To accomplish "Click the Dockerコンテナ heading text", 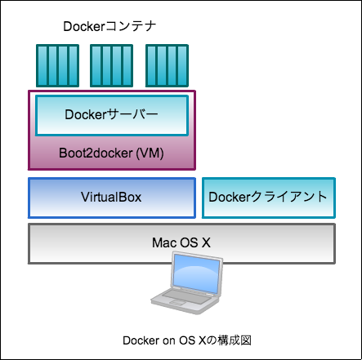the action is tap(109, 26).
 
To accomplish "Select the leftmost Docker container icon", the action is tap(57, 65).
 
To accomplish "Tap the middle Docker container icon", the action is tap(111, 65).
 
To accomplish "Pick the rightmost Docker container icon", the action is tap(167, 65).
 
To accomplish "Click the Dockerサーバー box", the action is tap(112, 115).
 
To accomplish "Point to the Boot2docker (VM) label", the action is tap(111, 153).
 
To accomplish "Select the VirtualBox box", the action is tap(112, 198).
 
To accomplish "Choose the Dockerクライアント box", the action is tap(269, 198).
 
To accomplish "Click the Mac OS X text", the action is tap(181, 242).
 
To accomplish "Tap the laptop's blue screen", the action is tap(196, 273).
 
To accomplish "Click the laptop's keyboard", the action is tap(187, 296).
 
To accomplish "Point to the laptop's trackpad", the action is tap(177, 302).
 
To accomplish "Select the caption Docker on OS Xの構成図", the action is tap(187, 340).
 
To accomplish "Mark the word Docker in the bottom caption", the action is tap(141, 340).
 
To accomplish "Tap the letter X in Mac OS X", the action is tap(206, 242).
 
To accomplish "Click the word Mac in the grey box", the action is tap(162, 242).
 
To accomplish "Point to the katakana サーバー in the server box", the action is tap(132, 114).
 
